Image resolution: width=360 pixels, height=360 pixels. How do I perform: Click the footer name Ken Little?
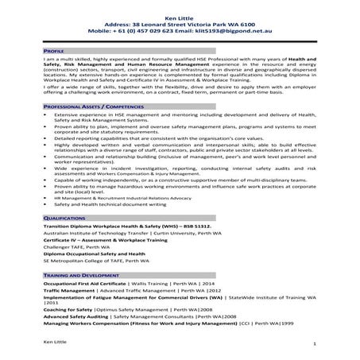pos(56,341)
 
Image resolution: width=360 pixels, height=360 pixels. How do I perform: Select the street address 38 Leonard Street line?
pos(180,25)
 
